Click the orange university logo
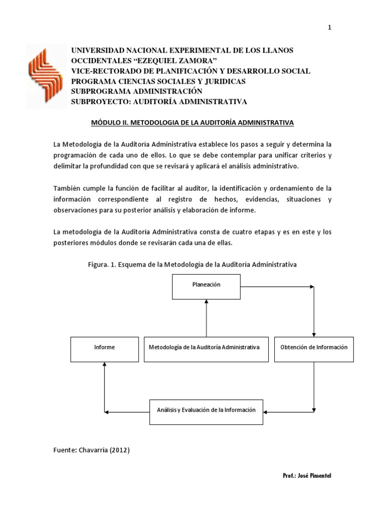(x=46, y=76)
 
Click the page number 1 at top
(x=329, y=28)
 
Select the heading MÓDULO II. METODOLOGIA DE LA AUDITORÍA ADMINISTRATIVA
(x=192, y=122)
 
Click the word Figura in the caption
(x=98, y=264)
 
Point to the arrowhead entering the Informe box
(x=104, y=364)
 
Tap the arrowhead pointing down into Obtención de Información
(x=314, y=334)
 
